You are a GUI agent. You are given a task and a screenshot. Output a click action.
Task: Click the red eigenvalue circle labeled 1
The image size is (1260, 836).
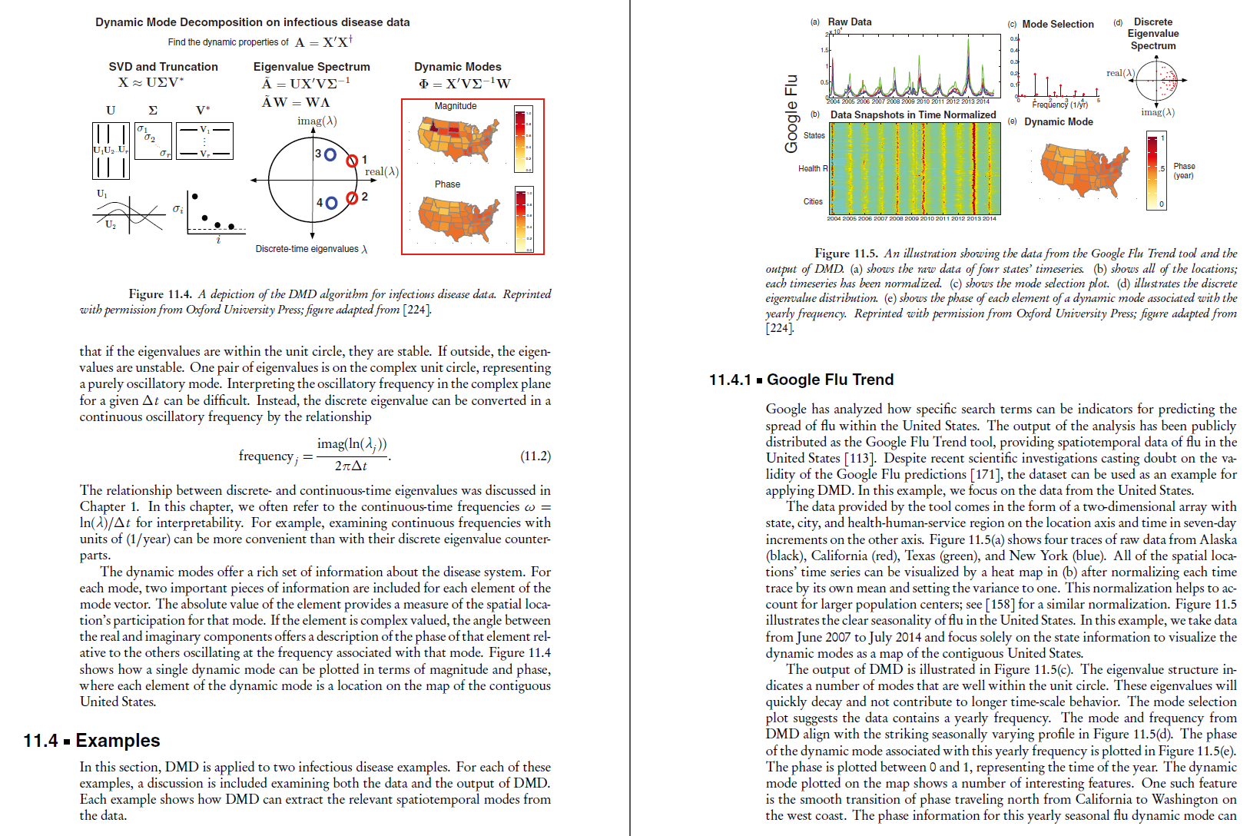(352, 161)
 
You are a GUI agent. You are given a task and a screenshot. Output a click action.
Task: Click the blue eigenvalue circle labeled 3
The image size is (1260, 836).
(330, 154)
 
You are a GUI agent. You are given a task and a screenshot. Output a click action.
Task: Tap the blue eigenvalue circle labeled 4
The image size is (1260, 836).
(331, 203)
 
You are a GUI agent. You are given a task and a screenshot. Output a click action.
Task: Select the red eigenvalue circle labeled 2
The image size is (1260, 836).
(352, 198)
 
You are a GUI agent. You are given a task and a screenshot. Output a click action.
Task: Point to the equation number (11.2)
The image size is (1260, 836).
(535, 456)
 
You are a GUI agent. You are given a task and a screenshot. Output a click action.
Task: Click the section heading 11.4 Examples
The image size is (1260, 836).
(91, 741)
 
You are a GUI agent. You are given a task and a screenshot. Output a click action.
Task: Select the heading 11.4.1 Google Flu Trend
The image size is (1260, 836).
(801, 380)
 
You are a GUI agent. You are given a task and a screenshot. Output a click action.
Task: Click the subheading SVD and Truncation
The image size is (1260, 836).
(163, 67)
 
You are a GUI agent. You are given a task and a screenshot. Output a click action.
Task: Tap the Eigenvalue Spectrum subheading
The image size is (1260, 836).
(311, 67)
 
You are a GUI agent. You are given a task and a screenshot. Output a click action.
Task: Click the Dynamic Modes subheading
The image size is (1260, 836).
(457, 67)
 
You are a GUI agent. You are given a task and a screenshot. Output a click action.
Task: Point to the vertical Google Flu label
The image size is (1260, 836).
(791, 113)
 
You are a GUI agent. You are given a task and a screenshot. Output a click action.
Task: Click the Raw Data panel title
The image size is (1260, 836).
(849, 22)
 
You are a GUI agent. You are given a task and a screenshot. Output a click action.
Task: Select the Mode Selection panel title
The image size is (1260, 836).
(1057, 25)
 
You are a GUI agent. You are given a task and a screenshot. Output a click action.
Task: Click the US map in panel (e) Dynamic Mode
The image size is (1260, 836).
(1084, 171)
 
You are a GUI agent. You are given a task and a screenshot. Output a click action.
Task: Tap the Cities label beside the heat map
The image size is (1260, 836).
(813, 201)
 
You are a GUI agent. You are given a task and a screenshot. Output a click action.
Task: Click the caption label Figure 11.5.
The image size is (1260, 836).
(845, 254)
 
